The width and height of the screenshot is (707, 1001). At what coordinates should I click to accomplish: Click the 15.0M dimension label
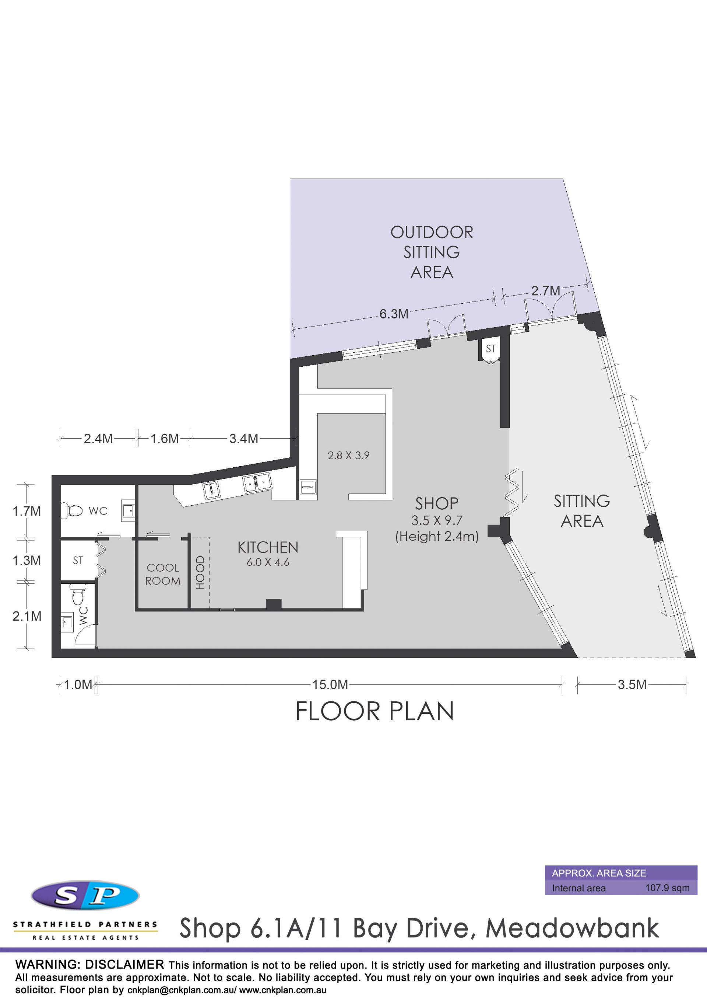330,684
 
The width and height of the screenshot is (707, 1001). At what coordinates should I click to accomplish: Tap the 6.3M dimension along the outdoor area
394,314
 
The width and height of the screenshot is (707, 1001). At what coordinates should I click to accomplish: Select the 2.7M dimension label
545,291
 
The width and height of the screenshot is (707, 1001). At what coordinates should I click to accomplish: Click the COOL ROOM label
163,574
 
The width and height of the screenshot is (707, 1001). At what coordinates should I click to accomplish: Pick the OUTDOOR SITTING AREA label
432,252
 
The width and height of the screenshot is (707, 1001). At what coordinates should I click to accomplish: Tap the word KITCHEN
268,547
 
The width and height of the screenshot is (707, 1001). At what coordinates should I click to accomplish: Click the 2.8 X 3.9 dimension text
348,456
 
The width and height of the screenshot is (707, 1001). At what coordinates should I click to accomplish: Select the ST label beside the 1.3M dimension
78,560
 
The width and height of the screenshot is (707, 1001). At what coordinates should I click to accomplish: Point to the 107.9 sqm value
667,888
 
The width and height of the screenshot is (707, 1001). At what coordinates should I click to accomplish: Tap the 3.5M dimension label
632,684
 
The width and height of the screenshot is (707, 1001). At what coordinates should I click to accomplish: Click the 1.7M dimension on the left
27,511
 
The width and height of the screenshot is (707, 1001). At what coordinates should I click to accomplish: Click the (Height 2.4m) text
436,536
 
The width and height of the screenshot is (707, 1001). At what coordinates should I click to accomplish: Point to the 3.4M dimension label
243,439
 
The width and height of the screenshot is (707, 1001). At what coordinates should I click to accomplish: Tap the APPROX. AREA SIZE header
599,873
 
